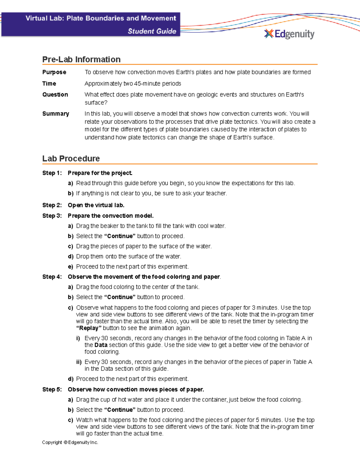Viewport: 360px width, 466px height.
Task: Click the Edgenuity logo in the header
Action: point(289,34)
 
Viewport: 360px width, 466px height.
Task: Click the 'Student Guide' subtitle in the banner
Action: point(152,31)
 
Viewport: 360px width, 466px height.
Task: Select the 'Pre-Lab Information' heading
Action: point(81,59)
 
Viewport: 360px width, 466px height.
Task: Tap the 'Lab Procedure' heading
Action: point(71,158)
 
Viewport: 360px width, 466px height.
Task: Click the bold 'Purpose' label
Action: point(54,72)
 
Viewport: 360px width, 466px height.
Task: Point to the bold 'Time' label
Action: point(49,83)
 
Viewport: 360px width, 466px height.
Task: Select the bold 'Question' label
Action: point(55,95)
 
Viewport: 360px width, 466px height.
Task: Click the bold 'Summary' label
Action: point(55,114)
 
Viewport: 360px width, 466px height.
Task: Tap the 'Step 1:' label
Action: point(52,173)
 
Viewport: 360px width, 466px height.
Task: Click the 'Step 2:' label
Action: point(52,205)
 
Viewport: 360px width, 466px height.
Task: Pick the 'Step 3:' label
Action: point(52,216)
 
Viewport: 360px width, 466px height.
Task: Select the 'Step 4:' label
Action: point(52,277)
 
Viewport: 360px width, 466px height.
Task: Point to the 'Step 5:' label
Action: point(52,389)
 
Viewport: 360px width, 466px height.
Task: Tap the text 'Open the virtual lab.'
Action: point(96,205)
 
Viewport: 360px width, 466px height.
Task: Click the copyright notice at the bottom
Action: point(70,442)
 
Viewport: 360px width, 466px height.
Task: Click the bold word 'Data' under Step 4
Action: point(101,345)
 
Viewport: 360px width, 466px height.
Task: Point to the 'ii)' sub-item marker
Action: point(79,362)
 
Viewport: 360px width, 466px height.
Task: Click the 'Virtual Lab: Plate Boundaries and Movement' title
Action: point(101,18)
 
